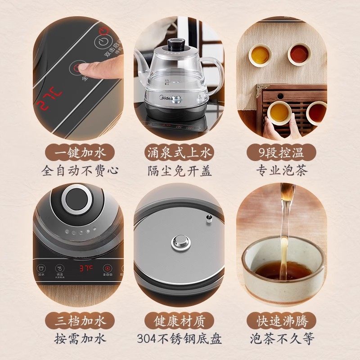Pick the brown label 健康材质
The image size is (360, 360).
coord(180,321)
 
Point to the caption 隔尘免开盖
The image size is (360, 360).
coord(180,171)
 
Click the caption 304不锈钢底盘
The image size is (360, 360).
coord(180,338)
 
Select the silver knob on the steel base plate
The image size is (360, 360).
coord(180,243)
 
